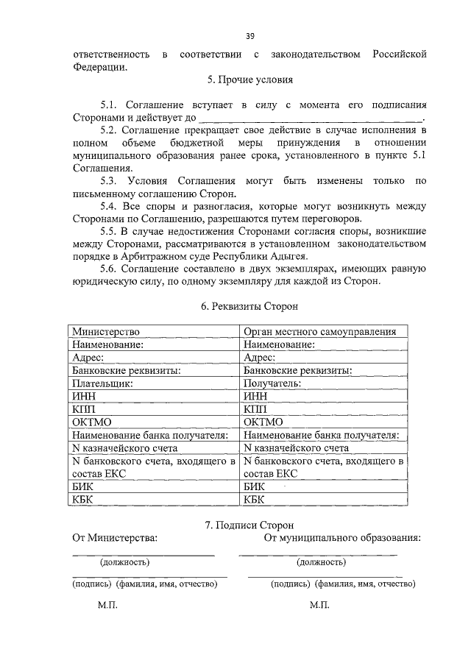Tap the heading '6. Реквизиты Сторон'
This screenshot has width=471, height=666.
(249, 305)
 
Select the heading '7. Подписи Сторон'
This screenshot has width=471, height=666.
(249, 525)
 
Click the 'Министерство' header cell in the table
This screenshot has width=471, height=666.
(106, 332)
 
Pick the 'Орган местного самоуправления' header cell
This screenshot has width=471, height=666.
(320, 332)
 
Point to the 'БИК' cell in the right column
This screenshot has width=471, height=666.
(255, 486)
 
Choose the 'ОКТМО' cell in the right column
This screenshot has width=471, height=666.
(263, 422)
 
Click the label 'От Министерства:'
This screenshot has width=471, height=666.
(114, 538)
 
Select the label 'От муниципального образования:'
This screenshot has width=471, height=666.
(342, 538)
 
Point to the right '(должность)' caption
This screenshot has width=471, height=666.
(321, 562)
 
